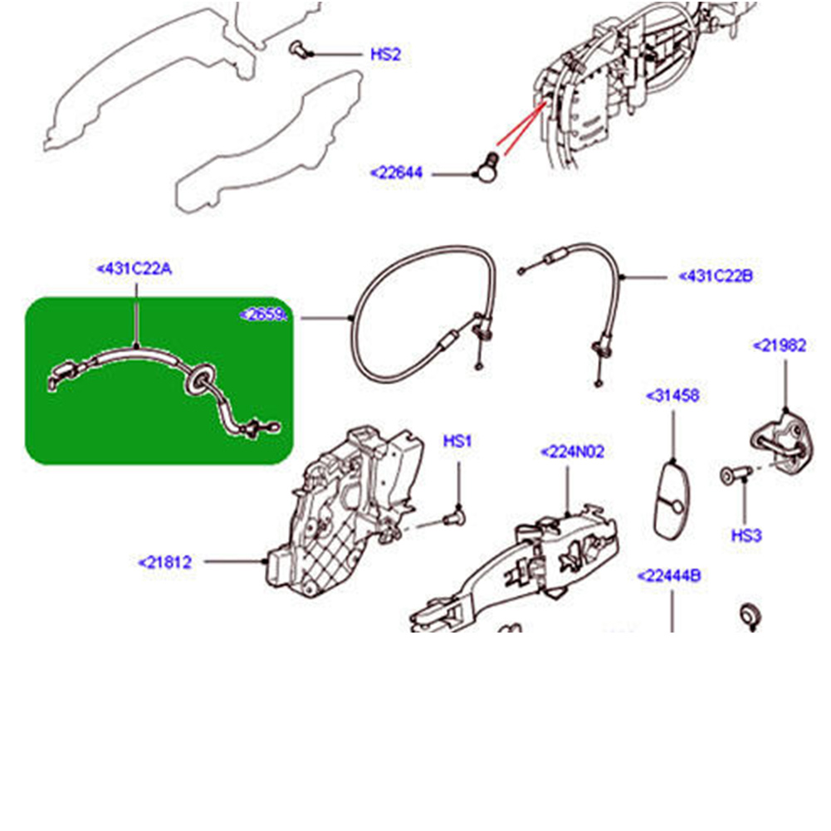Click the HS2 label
click(x=385, y=55)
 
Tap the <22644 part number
click(x=396, y=173)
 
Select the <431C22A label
click(x=134, y=269)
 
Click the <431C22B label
click(x=716, y=276)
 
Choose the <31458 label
click(x=672, y=395)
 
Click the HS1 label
click(x=457, y=442)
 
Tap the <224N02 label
click(x=572, y=452)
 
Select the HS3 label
click(x=745, y=535)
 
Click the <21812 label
click(x=165, y=562)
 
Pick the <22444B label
click(x=669, y=575)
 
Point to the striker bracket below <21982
click(x=780, y=440)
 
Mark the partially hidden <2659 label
click(x=265, y=315)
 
